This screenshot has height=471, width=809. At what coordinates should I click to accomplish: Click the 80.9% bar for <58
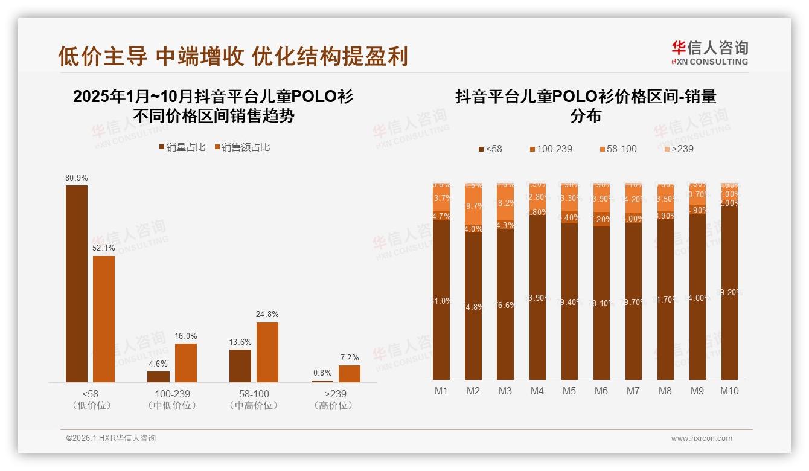[x=77, y=284]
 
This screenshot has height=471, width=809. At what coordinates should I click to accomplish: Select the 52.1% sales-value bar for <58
[x=104, y=319]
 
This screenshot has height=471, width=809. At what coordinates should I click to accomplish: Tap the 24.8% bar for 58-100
[x=267, y=352]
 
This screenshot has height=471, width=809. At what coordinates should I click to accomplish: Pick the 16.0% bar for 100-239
[x=186, y=362]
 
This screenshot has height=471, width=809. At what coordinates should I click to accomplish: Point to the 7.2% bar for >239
[x=349, y=374]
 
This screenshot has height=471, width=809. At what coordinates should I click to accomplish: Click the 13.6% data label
[x=240, y=342]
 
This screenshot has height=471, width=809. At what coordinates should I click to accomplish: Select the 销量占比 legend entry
[x=182, y=147]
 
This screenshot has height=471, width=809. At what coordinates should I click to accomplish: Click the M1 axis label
[x=441, y=391]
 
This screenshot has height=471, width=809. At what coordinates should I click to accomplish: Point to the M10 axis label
[x=729, y=391]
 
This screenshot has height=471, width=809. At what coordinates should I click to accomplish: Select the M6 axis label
[x=601, y=391]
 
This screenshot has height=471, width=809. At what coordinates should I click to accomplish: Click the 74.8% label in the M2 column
[x=473, y=306]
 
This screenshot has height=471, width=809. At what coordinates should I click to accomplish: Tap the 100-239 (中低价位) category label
[x=172, y=399]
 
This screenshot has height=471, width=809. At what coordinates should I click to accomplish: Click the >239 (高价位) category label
[x=333, y=399]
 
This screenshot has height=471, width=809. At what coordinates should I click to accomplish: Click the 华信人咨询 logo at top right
[x=709, y=53]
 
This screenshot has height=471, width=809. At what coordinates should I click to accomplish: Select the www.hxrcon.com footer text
[x=702, y=438]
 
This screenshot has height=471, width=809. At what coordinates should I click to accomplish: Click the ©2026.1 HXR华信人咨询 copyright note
[x=110, y=438]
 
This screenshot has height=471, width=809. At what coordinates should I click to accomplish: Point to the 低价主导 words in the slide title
[x=103, y=56]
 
